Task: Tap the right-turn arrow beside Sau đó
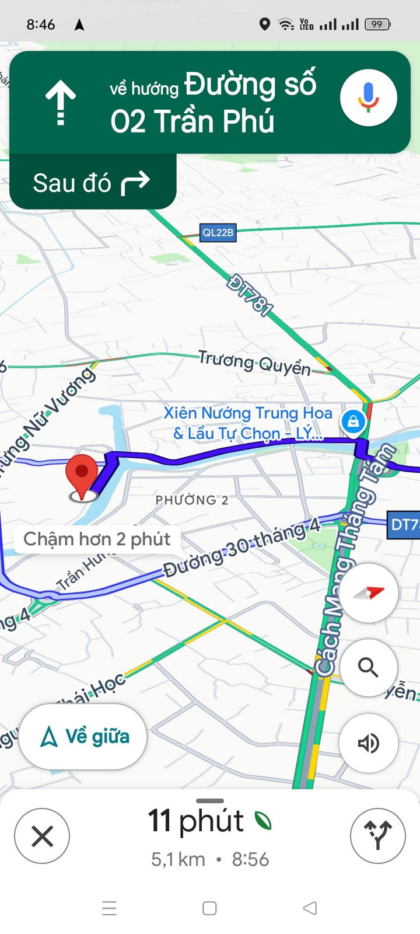click(135, 183)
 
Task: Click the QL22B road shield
click(218, 232)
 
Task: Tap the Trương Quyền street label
click(254, 363)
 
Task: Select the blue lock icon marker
click(353, 420)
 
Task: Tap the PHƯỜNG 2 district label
click(191, 500)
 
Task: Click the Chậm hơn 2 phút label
click(97, 539)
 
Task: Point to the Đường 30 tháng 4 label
click(242, 549)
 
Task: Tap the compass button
click(369, 593)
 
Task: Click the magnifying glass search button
click(368, 667)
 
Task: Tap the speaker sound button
click(368, 743)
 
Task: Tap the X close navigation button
click(42, 836)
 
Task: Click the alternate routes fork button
click(377, 835)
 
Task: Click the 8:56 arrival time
click(250, 859)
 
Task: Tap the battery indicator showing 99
click(377, 25)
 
